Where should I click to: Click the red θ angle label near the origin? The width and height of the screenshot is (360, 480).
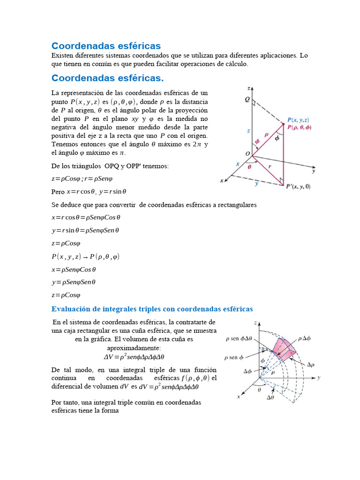coord(249,166)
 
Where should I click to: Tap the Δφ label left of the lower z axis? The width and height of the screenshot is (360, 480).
coord(248,371)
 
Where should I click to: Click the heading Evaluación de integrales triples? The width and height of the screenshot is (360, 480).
coord(152,309)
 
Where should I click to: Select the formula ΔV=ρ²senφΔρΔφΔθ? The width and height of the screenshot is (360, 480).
coord(134,357)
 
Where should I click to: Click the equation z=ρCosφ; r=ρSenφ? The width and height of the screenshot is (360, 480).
coord(82,179)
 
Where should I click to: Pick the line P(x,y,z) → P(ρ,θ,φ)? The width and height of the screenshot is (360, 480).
coord(85,256)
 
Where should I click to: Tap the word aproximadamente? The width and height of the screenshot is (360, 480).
coord(134,348)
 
